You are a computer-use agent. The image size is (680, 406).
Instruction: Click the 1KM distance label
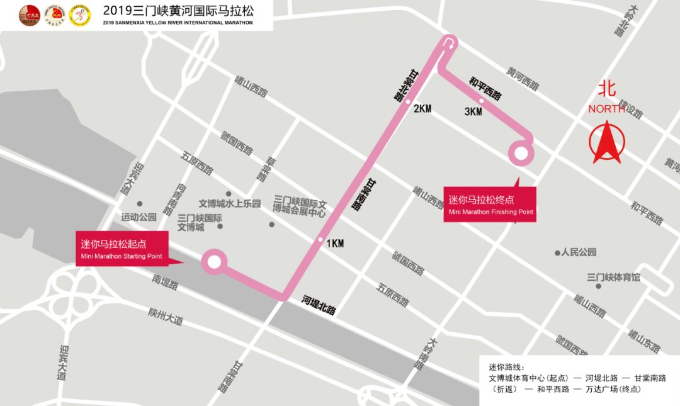(x=335, y=244)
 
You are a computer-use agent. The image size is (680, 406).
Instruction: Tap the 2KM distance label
(x=422, y=108)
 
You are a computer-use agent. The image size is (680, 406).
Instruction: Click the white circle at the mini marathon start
(x=214, y=262)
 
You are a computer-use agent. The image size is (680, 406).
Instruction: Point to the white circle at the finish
(x=521, y=153)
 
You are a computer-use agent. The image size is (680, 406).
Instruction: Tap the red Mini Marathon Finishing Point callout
(x=490, y=205)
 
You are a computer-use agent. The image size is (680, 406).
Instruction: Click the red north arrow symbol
(x=605, y=144)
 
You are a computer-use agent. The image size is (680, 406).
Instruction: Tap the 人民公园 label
(x=578, y=252)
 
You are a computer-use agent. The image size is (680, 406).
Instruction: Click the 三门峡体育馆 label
(x=613, y=278)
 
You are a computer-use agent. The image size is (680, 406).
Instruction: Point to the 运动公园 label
(x=139, y=217)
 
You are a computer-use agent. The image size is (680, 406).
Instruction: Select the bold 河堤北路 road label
(x=319, y=305)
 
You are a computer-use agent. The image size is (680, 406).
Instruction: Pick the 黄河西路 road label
(x=523, y=79)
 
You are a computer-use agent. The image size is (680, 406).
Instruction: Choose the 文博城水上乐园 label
(x=229, y=203)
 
